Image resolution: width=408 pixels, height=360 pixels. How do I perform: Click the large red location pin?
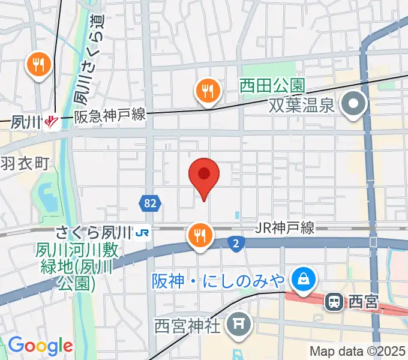(204, 175)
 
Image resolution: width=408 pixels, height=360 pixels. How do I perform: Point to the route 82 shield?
(150, 203)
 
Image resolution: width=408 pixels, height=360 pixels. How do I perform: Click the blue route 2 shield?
(236, 242)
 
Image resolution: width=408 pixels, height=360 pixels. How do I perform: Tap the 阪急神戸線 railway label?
(110, 116)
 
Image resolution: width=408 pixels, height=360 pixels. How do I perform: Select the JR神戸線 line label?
(284, 228)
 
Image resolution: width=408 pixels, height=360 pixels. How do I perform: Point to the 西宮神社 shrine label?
(188, 326)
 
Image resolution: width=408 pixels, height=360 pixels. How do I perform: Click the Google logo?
(40, 346)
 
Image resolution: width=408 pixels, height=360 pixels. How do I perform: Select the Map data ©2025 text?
(357, 351)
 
